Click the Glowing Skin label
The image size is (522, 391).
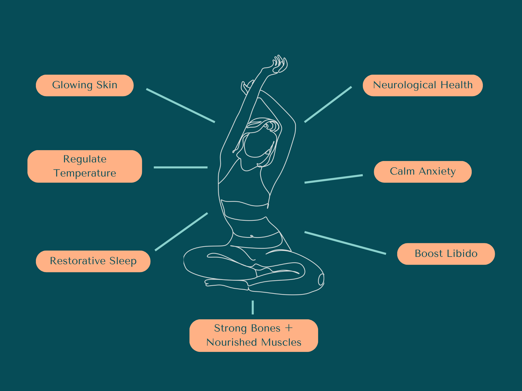coord(85,85)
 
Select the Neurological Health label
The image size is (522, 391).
coord(422,85)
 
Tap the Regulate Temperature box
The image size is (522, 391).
coord(85,166)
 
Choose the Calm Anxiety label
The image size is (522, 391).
coord(422,172)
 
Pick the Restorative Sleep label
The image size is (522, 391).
coord(93,261)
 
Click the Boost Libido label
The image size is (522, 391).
coord(446,254)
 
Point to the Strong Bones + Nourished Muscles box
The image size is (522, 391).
coord(253,335)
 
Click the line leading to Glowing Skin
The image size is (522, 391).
coord(181,105)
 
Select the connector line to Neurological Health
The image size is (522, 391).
coord(328,105)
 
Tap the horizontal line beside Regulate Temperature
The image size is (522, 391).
coord(181,167)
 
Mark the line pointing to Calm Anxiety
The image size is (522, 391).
coord(334,179)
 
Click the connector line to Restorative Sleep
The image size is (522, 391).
coord(181,232)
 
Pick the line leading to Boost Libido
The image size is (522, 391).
coord(345,243)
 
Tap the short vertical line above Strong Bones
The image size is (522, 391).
coord(253,307)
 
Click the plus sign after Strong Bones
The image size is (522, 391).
coord(289,328)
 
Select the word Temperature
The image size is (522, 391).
coord(85,173)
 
